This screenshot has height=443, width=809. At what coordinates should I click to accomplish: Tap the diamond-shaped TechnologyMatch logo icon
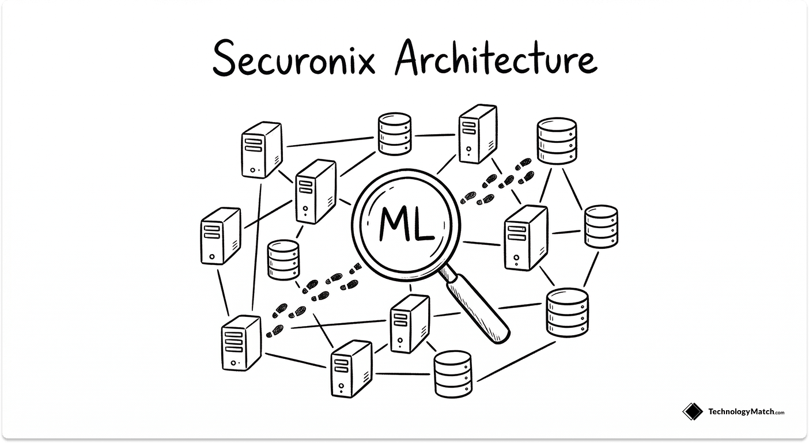click(692, 411)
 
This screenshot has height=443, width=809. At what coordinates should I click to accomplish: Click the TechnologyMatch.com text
click(746, 411)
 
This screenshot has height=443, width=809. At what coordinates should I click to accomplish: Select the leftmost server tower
click(220, 236)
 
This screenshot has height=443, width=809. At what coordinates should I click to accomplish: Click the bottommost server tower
click(351, 368)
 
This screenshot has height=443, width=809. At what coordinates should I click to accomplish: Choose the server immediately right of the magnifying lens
click(525, 237)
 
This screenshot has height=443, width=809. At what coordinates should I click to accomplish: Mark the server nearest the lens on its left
click(315, 191)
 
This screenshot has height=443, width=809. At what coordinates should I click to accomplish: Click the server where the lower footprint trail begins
click(241, 343)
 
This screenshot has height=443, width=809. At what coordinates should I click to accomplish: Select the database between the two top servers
click(395, 134)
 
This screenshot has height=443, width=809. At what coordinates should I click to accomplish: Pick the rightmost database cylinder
click(601, 226)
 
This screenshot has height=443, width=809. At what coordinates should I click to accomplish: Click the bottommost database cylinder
click(452, 373)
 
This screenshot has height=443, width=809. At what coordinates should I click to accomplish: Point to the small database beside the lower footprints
click(283, 260)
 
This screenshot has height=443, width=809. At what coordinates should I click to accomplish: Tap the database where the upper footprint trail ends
click(557, 141)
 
